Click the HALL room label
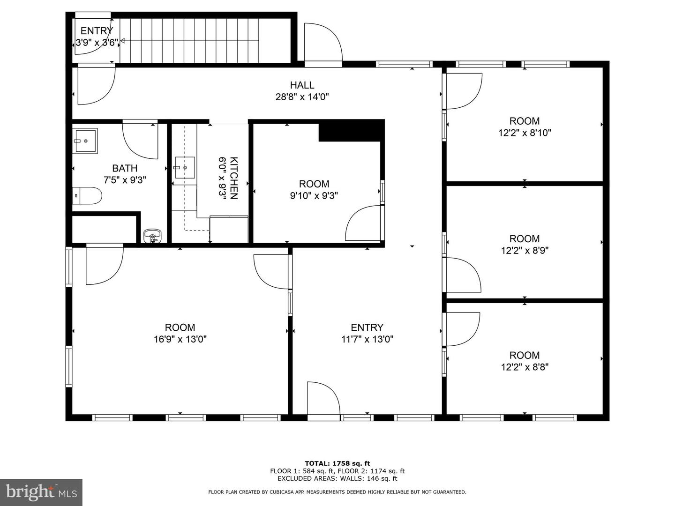(x=302, y=85)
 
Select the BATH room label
(x=125, y=168)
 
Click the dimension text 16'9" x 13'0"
(x=180, y=339)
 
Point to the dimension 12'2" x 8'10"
(x=525, y=133)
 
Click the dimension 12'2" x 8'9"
(x=525, y=250)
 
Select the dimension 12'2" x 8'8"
(x=525, y=367)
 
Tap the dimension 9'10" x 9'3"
(x=314, y=195)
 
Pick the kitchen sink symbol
(x=184, y=167)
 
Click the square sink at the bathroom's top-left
(x=85, y=141)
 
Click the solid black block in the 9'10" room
(x=351, y=131)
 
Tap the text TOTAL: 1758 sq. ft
(x=337, y=463)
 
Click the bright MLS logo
(x=41, y=492)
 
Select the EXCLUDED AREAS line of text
(x=337, y=478)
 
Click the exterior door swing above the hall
(x=322, y=42)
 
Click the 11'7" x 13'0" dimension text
(x=367, y=339)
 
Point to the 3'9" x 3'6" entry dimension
(x=97, y=43)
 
